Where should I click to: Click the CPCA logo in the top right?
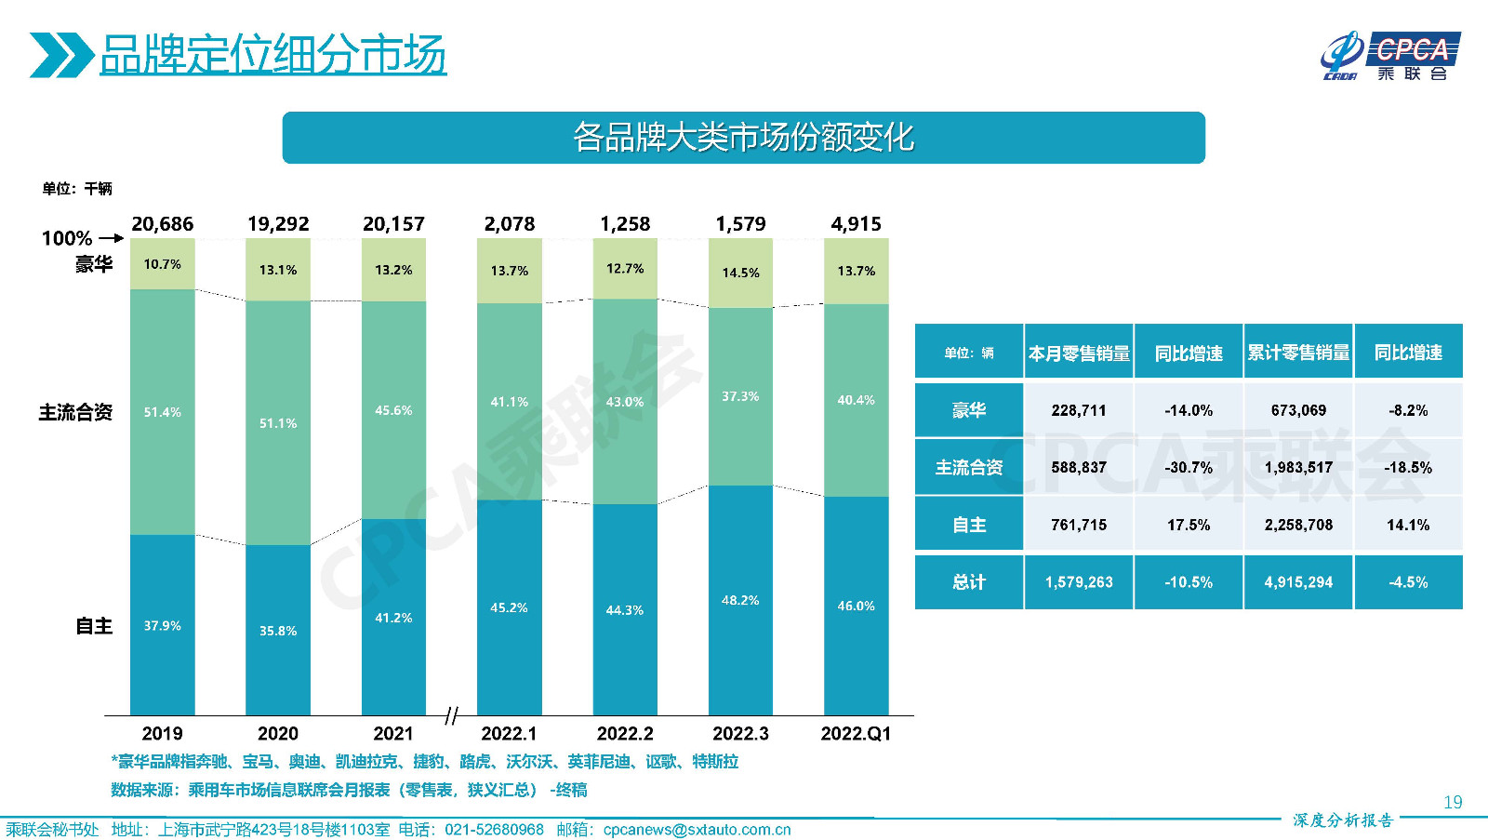[x=1390, y=56]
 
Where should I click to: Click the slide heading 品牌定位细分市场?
[x=272, y=55]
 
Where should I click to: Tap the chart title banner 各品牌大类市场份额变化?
[x=743, y=138]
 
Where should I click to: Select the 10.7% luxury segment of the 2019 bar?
[x=162, y=264]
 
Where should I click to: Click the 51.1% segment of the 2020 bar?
[x=277, y=423]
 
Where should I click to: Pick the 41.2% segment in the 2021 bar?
[x=393, y=618]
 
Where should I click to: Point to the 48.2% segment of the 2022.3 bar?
[x=740, y=600]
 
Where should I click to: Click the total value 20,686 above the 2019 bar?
[x=162, y=224]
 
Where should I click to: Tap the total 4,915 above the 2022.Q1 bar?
[x=856, y=224]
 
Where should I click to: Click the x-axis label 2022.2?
[x=625, y=734]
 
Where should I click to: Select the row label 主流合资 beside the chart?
[x=75, y=412]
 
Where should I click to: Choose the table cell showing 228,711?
[x=1079, y=410]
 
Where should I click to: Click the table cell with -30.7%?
[x=1189, y=467]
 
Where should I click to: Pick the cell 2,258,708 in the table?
[x=1298, y=525]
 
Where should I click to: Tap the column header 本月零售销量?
[x=1079, y=353]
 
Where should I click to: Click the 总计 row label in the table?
[x=968, y=582]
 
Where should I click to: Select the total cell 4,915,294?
[x=1298, y=582]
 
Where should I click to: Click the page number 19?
[x=1453, y=802]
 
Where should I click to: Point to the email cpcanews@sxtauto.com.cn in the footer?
[x=697, y=830]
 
